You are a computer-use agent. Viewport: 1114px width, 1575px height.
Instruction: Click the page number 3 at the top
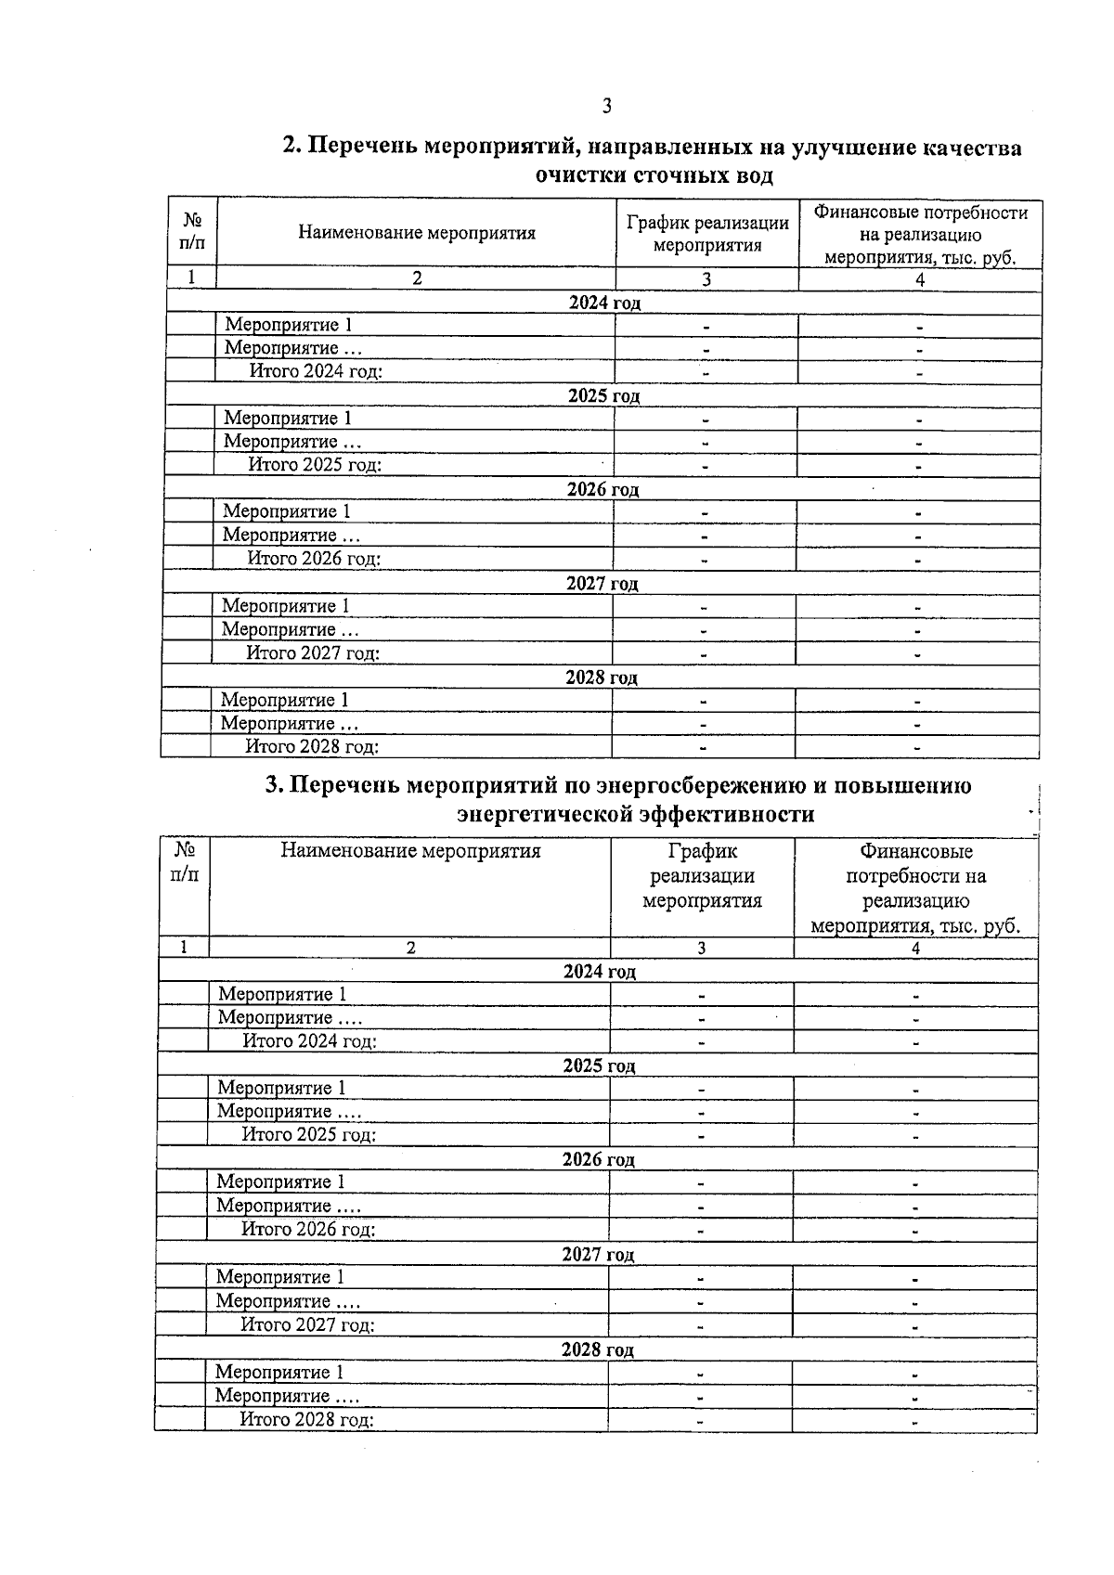pyautogui.click(x=607, y=106)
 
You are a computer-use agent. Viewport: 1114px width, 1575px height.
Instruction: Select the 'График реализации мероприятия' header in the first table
pyautogui.click(x=707, y=234)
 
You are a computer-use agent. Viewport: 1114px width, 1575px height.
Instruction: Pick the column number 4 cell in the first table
pyautogui.click(x=920, y=279)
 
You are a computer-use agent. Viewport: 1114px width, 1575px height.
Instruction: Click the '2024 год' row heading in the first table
pyautogui.click(x=604, y=303)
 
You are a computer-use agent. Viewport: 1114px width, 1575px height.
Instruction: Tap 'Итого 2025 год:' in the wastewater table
pyautogui.click(x=315, y=465)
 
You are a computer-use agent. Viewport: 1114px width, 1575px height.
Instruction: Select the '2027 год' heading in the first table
pyautogui.click(x=602, y=584)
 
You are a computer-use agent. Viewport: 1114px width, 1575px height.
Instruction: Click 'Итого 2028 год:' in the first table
pyautogui.click(x=312, y=746)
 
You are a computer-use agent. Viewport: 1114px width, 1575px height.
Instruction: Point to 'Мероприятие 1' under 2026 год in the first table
pyautogui.click(x=287, y=511)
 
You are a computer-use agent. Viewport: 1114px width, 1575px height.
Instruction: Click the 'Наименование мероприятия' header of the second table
pyautogui.click(x=410, y=851)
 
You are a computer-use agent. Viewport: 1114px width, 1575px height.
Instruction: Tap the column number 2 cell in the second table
pyautogui.click(x=410, y=948)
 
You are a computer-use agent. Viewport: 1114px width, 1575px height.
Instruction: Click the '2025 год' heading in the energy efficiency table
pyautogui.click(x=599, y=1065)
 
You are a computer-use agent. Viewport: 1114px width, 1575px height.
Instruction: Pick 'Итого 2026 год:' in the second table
pyautogui.click(x=308, y=1229)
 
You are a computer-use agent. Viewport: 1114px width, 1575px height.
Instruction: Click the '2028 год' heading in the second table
pyautogui.click(x=597, y=1349)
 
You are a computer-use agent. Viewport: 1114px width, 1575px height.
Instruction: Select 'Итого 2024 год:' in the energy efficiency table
pyautogui.click(x=309, y=1040)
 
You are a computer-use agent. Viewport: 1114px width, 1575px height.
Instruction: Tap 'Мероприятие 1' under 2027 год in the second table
pyautogui.click(x=280, y=1277)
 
